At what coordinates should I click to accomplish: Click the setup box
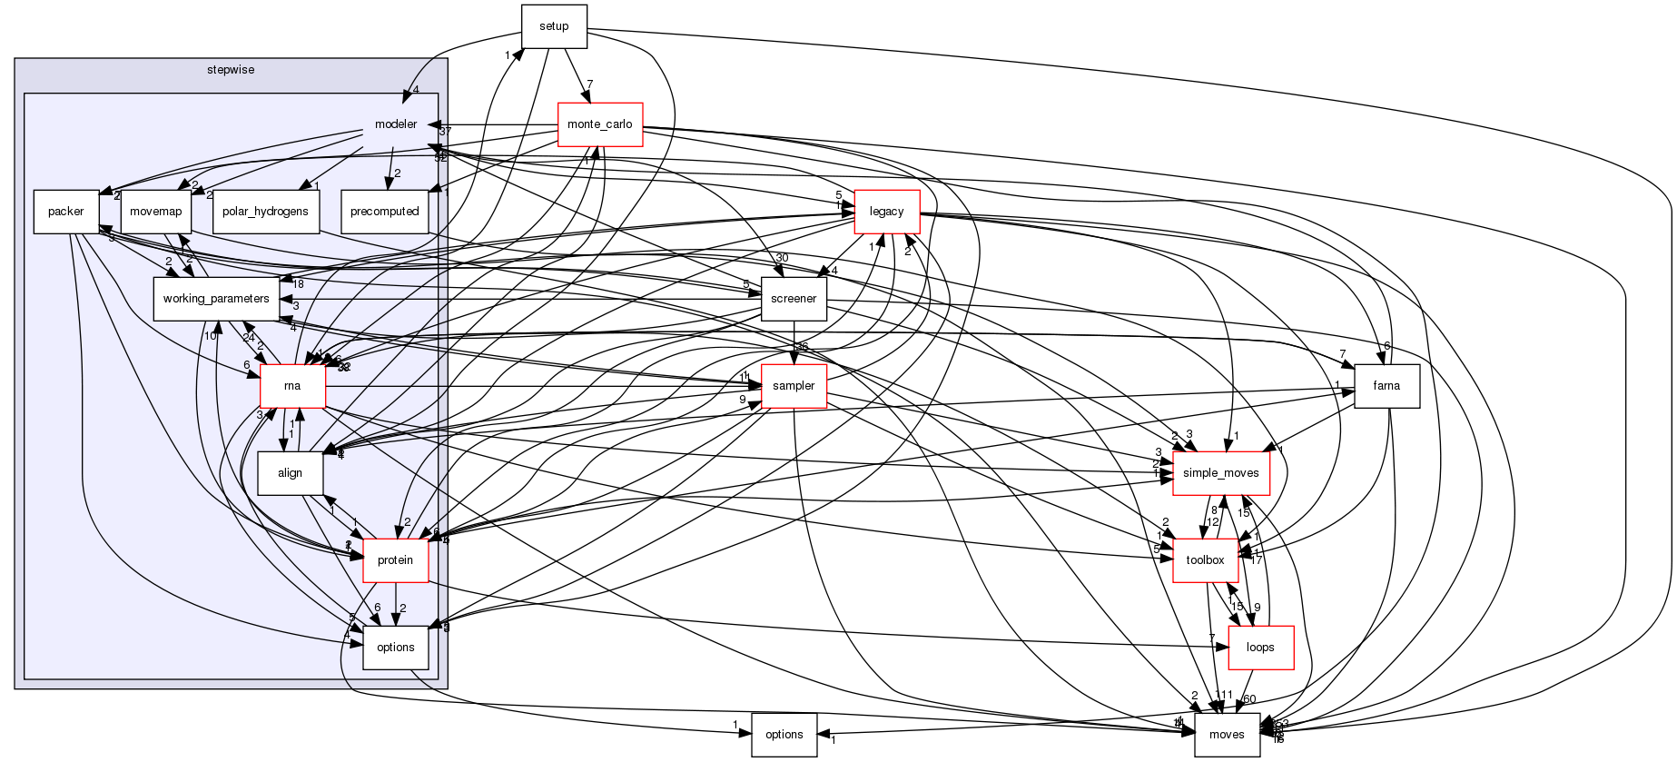(554, 26)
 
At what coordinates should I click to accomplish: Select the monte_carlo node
(599, 124)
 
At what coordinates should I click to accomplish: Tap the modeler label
(396, 124)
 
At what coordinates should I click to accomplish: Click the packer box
(65, 212)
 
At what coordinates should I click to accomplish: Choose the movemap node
(155, 212)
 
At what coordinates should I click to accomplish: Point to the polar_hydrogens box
(265, 212)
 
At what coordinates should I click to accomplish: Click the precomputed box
(385, 212)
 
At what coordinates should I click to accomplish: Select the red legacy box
(886, 212)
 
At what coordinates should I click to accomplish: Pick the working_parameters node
(215, 299)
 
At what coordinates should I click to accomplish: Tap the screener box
(794, 299)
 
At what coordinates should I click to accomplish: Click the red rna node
(292, 386)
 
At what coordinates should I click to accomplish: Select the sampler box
(794, 386)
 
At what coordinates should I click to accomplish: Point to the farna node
(1386, 386)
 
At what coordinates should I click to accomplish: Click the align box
(291, 473)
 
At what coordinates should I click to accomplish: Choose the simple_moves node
(1220, 473)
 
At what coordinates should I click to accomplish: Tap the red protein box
(395, 560)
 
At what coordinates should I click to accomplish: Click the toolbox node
(1205, 560)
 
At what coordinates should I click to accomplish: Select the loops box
(1260, 648)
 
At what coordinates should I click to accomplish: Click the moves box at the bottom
(1227, 735)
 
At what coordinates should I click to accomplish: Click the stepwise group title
(231, 70)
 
